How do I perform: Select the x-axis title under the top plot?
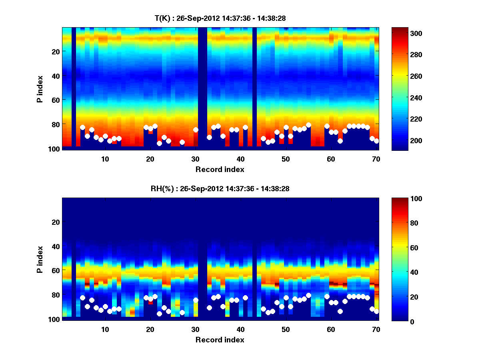click(220, 170)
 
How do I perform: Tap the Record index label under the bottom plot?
click(220, 340)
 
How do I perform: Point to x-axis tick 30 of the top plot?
click(195, 159)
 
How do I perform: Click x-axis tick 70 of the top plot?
click(376, 159)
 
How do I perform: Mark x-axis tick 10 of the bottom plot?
click(105, 330)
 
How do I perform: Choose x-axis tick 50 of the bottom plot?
click(286, 330)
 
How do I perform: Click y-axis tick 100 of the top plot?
click(55, 149)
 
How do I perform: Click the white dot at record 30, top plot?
click(196, 130)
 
